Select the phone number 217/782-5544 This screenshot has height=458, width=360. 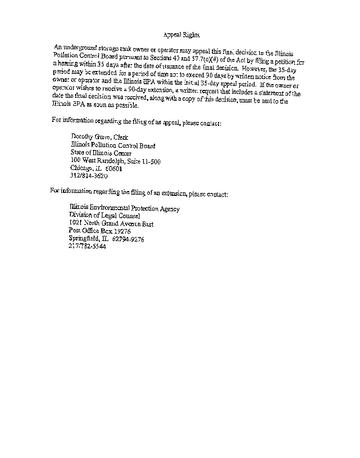coord(87,247)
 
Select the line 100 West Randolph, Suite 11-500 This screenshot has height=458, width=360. coord(115,161)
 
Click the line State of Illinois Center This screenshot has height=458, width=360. coord(101,153)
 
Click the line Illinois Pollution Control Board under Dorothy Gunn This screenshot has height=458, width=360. coord(112,145)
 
